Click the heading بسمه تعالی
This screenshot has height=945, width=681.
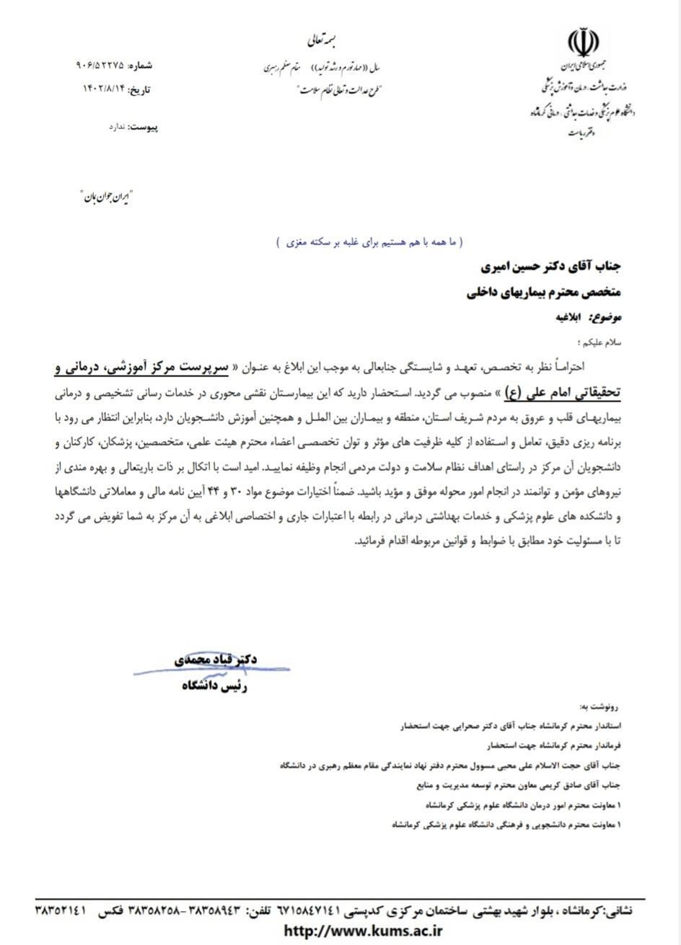coord(316,41)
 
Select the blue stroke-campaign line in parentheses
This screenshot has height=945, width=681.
coord(370,244)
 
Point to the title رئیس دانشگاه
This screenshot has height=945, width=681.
coord(215,687)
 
